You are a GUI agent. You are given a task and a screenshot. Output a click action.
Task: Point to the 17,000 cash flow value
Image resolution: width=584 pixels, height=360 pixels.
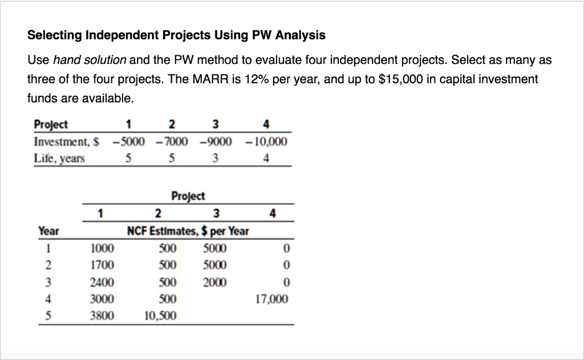click(x=273, y=299)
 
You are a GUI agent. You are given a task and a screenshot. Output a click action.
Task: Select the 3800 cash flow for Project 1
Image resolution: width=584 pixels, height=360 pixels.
click(x=102, y=315)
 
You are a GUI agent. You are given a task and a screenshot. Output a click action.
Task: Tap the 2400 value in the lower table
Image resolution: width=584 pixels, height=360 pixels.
click(x=102, y=282)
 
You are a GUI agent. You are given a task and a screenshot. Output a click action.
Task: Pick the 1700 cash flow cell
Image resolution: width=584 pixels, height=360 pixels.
click(x=102, y=265)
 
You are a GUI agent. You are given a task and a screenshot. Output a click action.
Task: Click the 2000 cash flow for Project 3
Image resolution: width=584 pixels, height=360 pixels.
click(x=215, y=282)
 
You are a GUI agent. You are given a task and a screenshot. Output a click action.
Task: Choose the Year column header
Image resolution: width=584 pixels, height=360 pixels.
click(x=48, y=231)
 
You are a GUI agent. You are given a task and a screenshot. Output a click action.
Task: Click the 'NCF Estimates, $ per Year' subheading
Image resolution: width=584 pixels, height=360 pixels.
click(x=188, y=231)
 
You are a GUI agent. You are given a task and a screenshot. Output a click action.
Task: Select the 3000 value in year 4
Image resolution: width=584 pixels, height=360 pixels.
click(x=102, y=299)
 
